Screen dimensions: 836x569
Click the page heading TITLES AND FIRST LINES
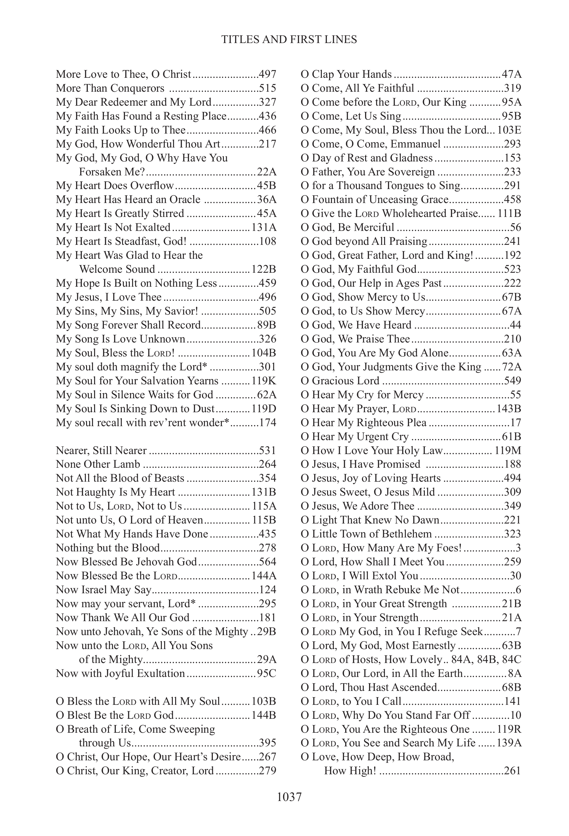[x=289, y=39]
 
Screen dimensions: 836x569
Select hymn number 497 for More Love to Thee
[x=267, y=74]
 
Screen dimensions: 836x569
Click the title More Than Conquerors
[x=110, y=88]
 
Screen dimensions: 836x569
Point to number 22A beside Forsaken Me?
[x=267, y=172]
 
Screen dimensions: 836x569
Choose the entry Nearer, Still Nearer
[x=101, y=450]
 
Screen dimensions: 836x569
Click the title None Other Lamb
[x=98, y=464]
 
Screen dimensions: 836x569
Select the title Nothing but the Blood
[x=107, y=548]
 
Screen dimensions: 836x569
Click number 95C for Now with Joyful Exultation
[x=267, y=673]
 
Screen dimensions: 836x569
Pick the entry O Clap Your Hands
[x=346, y=74]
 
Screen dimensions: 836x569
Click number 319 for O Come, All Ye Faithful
[x=512, y=88]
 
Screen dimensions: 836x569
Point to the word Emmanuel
[x=416, y=144]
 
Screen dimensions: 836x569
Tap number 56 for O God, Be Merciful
[x=515, y=227]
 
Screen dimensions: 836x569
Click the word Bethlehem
[x=406, y=534]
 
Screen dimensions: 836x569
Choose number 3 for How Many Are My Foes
[x=518, y=548]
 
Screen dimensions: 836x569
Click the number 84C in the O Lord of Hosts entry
[x=512, y=659]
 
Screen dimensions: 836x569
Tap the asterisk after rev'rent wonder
[x=226, y=422]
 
